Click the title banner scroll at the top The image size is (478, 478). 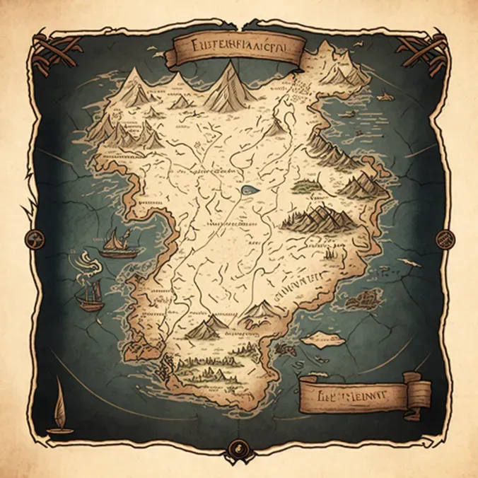[238, 50]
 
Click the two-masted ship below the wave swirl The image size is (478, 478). [91, 296]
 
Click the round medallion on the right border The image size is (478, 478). [445, 238]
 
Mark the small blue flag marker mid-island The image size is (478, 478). [247, 189]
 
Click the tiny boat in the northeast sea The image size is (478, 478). [386, 94]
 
